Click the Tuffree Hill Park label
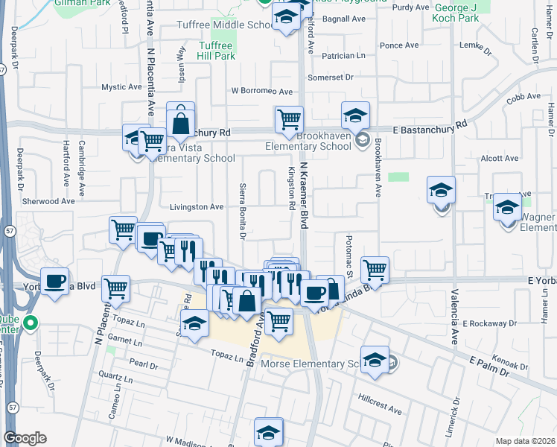click(217, 51)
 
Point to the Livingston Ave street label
click(197, 207)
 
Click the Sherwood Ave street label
click(49, 201)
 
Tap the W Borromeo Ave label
click(262, 91)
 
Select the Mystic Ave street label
click(122, 87)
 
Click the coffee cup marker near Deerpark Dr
click(54, 282)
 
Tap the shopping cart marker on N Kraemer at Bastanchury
click(288, 119)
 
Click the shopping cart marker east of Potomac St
click(375, 270)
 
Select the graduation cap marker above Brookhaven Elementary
click(356, 115)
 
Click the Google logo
click(25, 438)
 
